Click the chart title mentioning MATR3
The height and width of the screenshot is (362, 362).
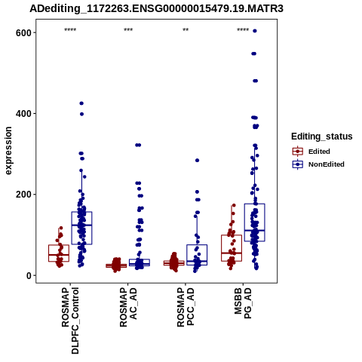tap(156, 8)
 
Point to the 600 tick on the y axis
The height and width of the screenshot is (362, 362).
tap(23, 32)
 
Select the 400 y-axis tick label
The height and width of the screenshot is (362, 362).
tap(23, 114)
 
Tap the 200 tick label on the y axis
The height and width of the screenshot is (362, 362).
tap(23, 195)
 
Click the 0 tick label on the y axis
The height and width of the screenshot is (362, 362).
tap(29, 275)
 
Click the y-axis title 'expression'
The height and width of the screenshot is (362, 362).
tap(8, 151)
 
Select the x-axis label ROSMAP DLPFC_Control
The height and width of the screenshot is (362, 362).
tap(70, 321)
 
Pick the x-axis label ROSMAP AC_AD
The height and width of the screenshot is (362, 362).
tap(128, 308)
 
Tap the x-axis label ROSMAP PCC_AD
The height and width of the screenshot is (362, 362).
tap(186, 307)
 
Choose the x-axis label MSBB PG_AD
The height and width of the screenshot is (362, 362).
tap(243, 304)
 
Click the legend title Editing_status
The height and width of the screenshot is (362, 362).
tap(322, 137)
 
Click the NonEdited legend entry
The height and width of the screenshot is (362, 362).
tap(318, 164)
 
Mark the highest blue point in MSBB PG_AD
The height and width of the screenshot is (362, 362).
tap(255, 31)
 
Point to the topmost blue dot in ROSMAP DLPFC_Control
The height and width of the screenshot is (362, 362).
tap(81, 103)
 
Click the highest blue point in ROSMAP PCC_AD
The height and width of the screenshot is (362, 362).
tap(197, 161)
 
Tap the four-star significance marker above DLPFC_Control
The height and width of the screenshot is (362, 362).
tap(70, 30)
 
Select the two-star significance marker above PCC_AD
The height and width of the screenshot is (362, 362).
tap(186, 30)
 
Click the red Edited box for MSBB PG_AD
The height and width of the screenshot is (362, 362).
tap(232, 248)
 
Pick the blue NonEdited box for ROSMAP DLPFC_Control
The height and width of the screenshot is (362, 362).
tap(81, 228)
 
